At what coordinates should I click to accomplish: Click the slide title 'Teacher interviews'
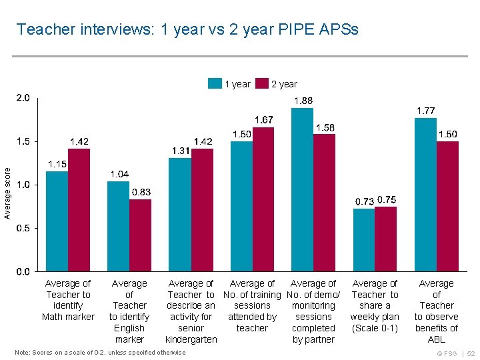point(187,29)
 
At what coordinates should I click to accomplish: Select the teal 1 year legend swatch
point(215,84)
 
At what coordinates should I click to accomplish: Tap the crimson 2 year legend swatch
point(261,84)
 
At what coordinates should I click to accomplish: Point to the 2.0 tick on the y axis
point(23,98)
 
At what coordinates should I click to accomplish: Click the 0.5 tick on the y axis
point(23,228)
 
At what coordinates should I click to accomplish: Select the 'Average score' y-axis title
point(7,193)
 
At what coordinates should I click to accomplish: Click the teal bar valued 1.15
point(57,221)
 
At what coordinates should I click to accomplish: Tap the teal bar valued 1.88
point(302,190)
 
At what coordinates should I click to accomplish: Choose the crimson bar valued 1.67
point(263,199)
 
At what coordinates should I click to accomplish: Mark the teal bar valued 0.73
point(363,240)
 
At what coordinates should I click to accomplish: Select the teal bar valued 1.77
point(425,195)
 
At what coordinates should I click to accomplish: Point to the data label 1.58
point(325,127)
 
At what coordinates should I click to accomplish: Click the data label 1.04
point(119,174)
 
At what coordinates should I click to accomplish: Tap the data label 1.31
point(181,151)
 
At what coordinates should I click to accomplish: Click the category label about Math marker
point(68,300)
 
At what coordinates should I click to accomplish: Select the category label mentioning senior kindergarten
point(191,311)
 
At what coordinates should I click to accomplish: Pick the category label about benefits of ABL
point(436,311)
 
